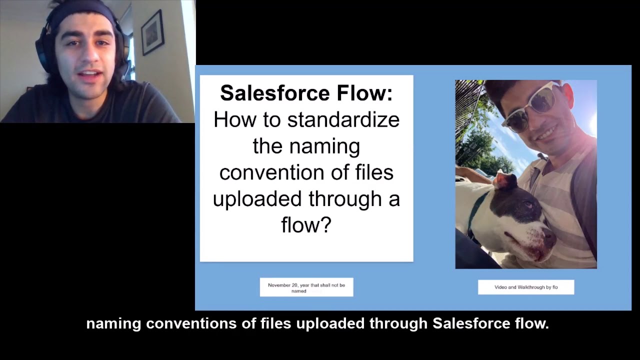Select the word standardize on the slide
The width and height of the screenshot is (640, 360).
coord(343,120)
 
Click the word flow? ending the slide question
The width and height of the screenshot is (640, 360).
coord(306,225)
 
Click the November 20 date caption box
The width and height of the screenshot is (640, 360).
coord(306,287)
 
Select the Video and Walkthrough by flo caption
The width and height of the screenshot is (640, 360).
coord(525,287)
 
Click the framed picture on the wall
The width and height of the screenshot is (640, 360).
coord(152,32)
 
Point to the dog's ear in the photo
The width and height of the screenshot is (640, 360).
coord(504,180)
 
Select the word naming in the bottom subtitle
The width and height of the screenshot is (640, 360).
coord(113,324)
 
